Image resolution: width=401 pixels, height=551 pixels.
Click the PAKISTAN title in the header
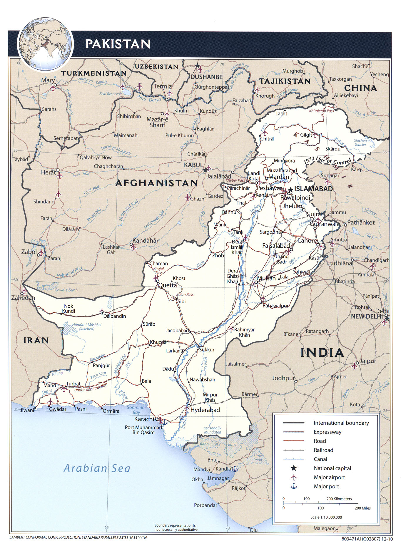click(x=118, y=44)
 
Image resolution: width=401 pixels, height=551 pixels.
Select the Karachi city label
click(x=144, y=419)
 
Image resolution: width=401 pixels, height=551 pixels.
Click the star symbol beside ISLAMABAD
click(x=291, y=189)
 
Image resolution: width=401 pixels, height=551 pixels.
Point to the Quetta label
click(x=168, y=285)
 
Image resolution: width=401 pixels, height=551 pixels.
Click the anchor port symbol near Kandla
click(x=235, y=469)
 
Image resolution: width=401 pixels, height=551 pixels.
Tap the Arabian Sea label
click(x=97, y=468)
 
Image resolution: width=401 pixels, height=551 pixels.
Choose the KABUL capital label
click(x=193, y=165)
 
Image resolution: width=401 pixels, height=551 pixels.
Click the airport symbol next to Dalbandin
click(x=102, y=311)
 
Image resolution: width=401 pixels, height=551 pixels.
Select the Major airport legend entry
click(x=329, y=477)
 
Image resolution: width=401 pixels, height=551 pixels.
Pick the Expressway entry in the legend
click(x=328, y=432)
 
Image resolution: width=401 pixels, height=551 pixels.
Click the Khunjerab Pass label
click(x=321, y=111)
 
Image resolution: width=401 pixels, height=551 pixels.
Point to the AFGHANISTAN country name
click(x=157, y=183)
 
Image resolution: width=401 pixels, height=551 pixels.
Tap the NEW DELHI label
click(x=367, y=316)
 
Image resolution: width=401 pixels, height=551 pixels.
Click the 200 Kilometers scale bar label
click(x=339, y=499)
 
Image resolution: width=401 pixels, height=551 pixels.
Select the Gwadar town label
click(x=58, y=409)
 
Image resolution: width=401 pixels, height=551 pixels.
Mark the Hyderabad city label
click(x=205, y=410)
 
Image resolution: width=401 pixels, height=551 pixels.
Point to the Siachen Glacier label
click(x=360, y=143)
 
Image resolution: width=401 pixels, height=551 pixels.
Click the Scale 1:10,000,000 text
click(x=326, y=517)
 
